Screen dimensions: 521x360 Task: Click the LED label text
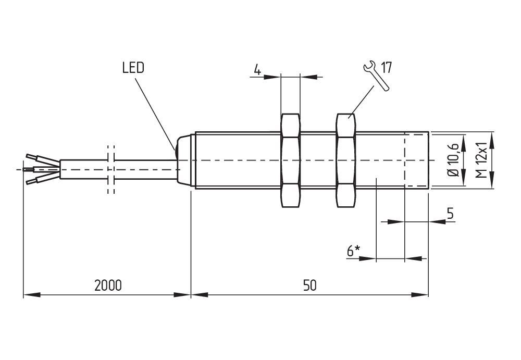click(133, 68)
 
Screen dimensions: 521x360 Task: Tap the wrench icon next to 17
click(376, 76)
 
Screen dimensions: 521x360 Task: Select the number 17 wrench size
click(387, 68)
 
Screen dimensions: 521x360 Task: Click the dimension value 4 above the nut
click(257, 69)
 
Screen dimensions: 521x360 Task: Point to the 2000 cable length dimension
click(108, 285)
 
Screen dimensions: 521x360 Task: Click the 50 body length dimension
click(309, 285)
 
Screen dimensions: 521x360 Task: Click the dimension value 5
click(450, 213)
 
